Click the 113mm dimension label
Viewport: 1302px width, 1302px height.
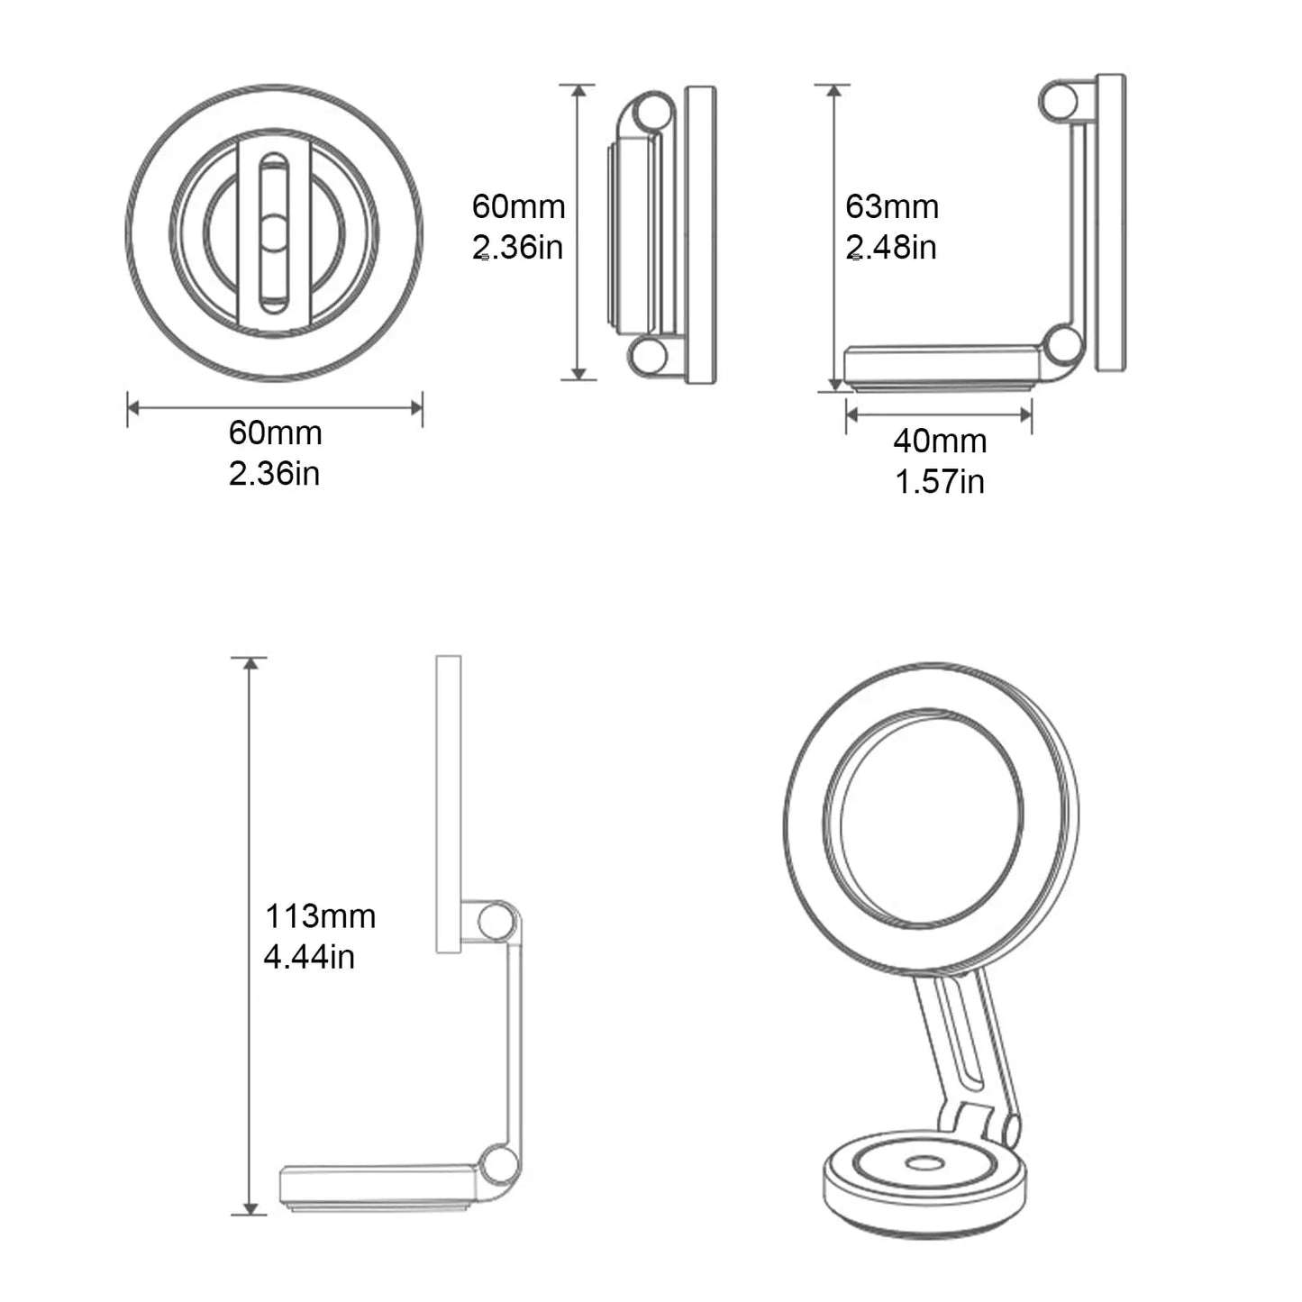click(x=320, y=916)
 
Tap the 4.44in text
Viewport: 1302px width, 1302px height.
click(x=309, y=957)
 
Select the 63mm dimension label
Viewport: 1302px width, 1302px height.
click(x=892, y=207)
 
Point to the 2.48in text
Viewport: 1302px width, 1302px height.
click(x=891, y=247)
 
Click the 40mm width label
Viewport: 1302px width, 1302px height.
click(x=940, y=442)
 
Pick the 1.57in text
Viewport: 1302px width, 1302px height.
click(x=939, y=481)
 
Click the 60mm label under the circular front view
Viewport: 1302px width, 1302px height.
click(x=275, y=433)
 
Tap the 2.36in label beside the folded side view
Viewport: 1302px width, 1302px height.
click(x=518, y=247)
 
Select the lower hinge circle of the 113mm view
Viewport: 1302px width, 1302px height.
click(x=496, y=1163)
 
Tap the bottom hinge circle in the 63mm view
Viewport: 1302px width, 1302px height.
click(x=1062, y=347)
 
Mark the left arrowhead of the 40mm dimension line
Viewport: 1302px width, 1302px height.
click(x=851, y=414)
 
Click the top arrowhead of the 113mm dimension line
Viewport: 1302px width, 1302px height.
click(x=250, y=664)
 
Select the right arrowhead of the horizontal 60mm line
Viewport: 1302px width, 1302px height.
click(x=416, y=408)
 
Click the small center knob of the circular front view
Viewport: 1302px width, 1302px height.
click(x=274, y=232)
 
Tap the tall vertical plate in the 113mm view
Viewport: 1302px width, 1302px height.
click(x=448, y=802)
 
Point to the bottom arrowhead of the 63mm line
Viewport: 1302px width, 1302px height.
click(x=833, y=385)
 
